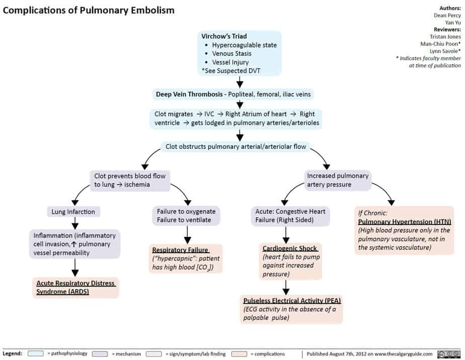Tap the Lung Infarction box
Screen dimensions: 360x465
73,212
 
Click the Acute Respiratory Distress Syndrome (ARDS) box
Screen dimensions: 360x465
75,288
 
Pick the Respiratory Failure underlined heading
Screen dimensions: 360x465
180,250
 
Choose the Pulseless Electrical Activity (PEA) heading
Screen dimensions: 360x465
292,300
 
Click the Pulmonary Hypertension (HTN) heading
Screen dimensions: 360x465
405,221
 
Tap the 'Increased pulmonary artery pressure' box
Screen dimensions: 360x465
338,180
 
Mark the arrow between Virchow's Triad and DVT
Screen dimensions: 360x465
241,82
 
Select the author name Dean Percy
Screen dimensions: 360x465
447,15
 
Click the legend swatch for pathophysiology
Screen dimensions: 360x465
36,354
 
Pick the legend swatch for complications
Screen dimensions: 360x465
240,354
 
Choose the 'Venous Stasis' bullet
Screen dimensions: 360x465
231,53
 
